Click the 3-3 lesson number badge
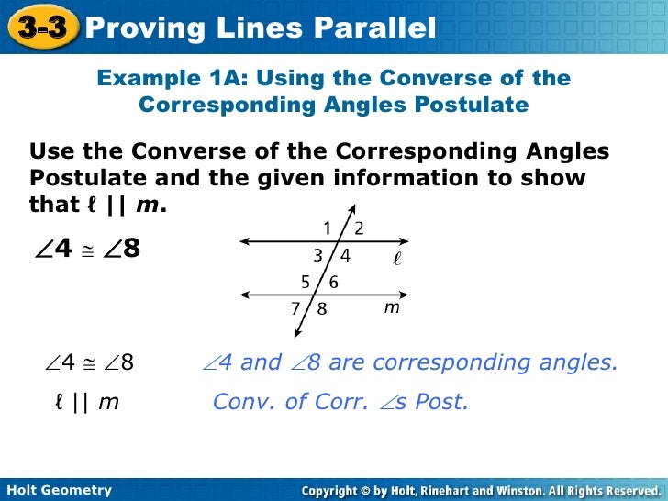point(41,28)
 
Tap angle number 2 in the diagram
point(359,228)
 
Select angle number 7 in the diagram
point(296,309)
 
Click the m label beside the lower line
point(392,309)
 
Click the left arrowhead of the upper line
point(242,243)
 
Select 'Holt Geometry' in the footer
point(58,490)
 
